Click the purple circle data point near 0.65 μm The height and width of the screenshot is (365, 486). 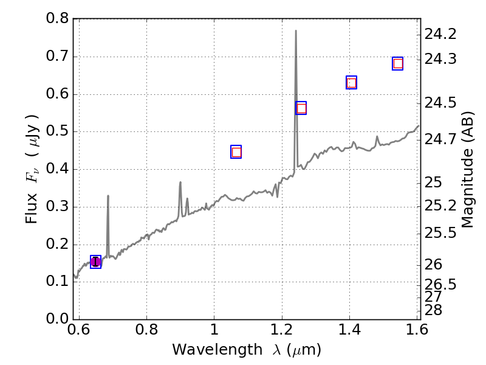[95, 262]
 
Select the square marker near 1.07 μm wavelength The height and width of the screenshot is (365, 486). [236, 152]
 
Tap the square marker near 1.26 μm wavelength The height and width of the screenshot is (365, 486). [301, 108]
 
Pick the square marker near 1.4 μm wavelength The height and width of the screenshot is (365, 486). [351, 83]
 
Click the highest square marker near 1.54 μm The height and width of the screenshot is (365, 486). [398, 63]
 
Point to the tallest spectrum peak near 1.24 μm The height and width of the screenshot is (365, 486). [296, 30]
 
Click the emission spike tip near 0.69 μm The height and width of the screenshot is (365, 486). [108, 196]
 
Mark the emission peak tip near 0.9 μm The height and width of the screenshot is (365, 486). [180, 182]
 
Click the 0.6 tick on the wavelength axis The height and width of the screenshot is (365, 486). [79, 332]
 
